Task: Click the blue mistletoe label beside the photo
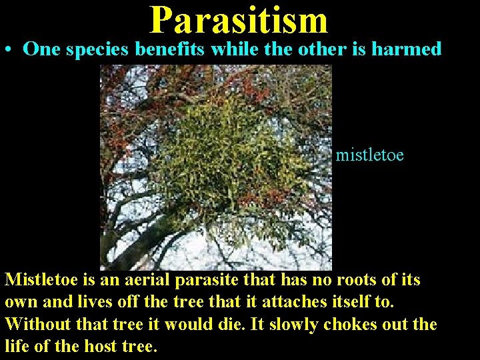click(x=369, y=155)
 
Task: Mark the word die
click(x=214, y=325)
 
